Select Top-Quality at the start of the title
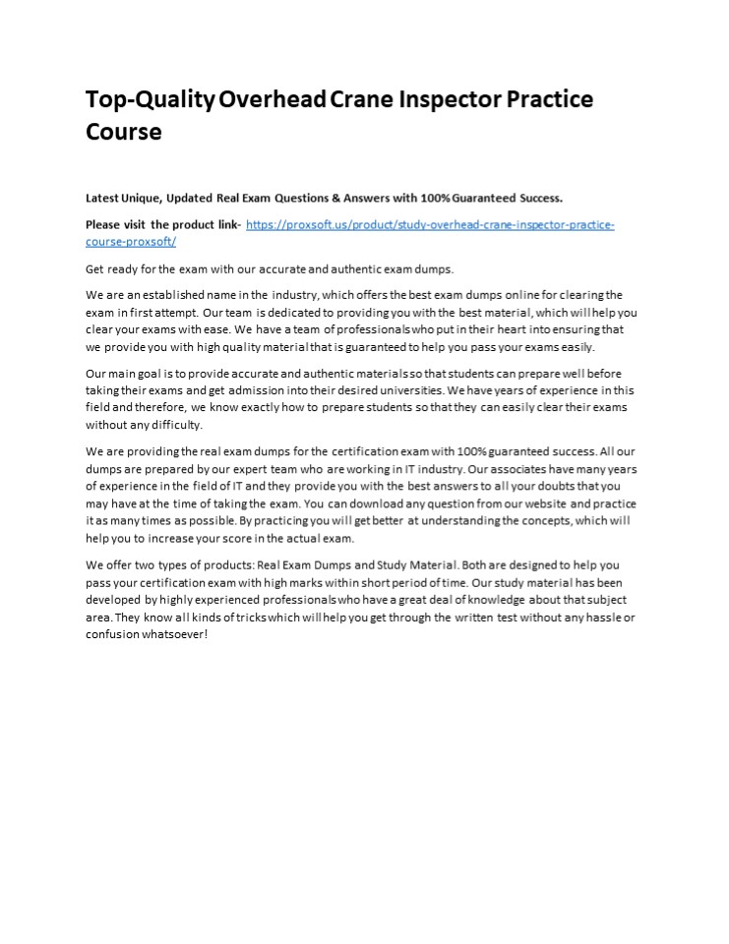click(x=150, y=99)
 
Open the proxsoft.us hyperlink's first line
click(x=430, y=224)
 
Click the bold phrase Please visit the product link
click(x=162, y=224)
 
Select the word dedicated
click(x=293, y=312)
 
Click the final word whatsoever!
click(x=174, y=634)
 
